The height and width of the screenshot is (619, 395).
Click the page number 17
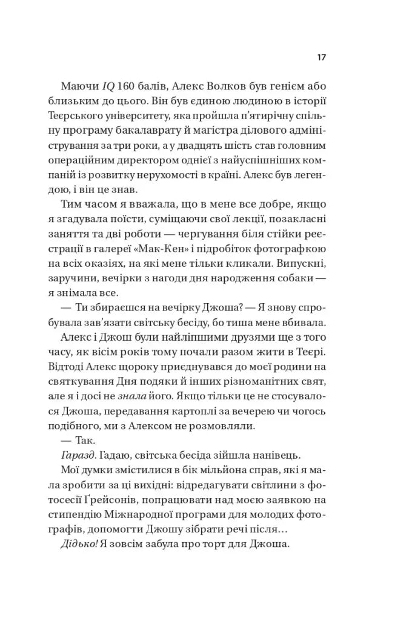[322, 58]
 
